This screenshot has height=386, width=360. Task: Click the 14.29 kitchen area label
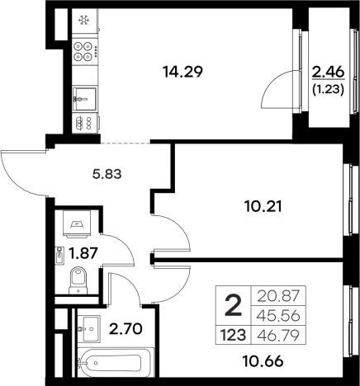pos(182,72)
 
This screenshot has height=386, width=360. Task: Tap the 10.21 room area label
pos(263,206)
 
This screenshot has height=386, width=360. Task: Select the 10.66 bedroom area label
pos(263,361)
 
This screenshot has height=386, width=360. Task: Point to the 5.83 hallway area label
pos(107,174)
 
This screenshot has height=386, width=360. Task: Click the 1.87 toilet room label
pos(83,253)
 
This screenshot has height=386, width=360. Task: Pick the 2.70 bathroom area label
pos(126,329)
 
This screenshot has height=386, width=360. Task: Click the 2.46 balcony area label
pos(328,72)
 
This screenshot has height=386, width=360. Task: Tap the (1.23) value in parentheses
pos(328,90)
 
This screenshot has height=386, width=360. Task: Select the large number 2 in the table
pos(234,305)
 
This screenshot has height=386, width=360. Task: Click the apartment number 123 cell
pos(233,336)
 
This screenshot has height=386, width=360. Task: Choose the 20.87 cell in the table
pos(278,296)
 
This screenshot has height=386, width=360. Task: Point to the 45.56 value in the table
pos(278,316)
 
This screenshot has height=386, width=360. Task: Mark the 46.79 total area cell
pos(278,336)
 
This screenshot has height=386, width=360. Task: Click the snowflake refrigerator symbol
pos(83,20)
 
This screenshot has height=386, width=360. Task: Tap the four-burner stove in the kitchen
pos(83,51)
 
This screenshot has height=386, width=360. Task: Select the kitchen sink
pos(85,99)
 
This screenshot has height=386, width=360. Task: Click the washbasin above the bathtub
pos(88,328)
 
